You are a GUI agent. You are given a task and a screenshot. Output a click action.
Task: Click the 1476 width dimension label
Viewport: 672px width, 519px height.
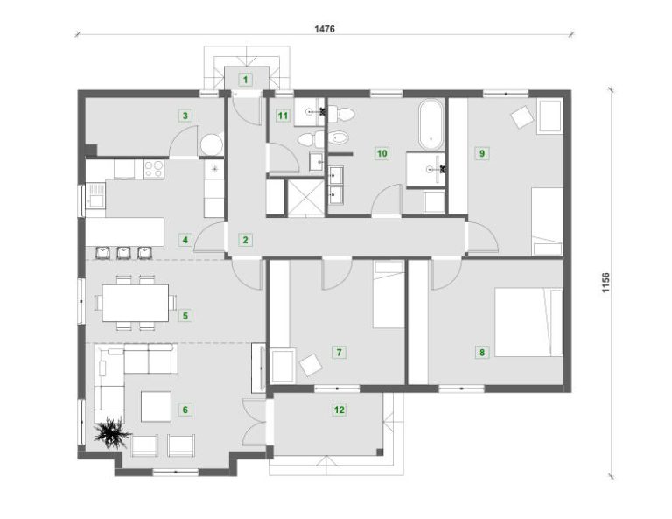[x=325, y=29]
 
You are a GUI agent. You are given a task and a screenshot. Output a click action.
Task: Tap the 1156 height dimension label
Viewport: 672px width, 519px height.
[x=605, y=283]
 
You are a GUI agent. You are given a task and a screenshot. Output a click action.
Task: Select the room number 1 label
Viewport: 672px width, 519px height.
[x=246, y=80]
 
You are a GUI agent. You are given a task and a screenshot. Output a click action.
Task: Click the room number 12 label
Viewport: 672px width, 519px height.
[x=339, y=410]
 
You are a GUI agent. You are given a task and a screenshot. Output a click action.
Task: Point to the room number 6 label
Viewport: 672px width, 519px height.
[x=185, y=410]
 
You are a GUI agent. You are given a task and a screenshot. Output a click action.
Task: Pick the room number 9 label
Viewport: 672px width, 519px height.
[x=482, y=153]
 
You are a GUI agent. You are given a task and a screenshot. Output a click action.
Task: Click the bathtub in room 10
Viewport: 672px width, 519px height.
[x=430, y=124]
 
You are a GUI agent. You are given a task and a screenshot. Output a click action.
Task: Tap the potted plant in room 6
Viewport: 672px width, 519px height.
[x=112, y=434]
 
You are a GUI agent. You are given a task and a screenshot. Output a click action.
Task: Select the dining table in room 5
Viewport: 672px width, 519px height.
[x=135, y=303]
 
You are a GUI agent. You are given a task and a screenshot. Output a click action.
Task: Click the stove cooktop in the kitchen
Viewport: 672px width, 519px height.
[x=154, y=169]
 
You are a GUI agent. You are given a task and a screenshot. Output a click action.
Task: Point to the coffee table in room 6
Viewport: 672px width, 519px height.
[x=157, y=406]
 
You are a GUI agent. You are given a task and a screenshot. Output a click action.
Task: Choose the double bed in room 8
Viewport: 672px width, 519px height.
[x=528, y=322]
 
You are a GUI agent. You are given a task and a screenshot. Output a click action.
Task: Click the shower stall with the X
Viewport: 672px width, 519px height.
[x=305, y=196]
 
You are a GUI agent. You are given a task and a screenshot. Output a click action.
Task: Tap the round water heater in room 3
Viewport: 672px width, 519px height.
[x=211, y=144]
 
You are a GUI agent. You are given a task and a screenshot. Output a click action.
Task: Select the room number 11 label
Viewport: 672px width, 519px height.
[x=283, y=116]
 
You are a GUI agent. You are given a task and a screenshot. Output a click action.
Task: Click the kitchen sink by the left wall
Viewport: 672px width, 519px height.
[x=95, y=195]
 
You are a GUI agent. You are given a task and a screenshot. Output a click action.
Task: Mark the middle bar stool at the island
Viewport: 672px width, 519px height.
[x=124, y=253]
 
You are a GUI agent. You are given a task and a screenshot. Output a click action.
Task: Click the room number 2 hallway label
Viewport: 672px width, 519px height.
[x=246, y=240]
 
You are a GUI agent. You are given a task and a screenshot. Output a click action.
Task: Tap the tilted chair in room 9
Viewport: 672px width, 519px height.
[x=522, y=116]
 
